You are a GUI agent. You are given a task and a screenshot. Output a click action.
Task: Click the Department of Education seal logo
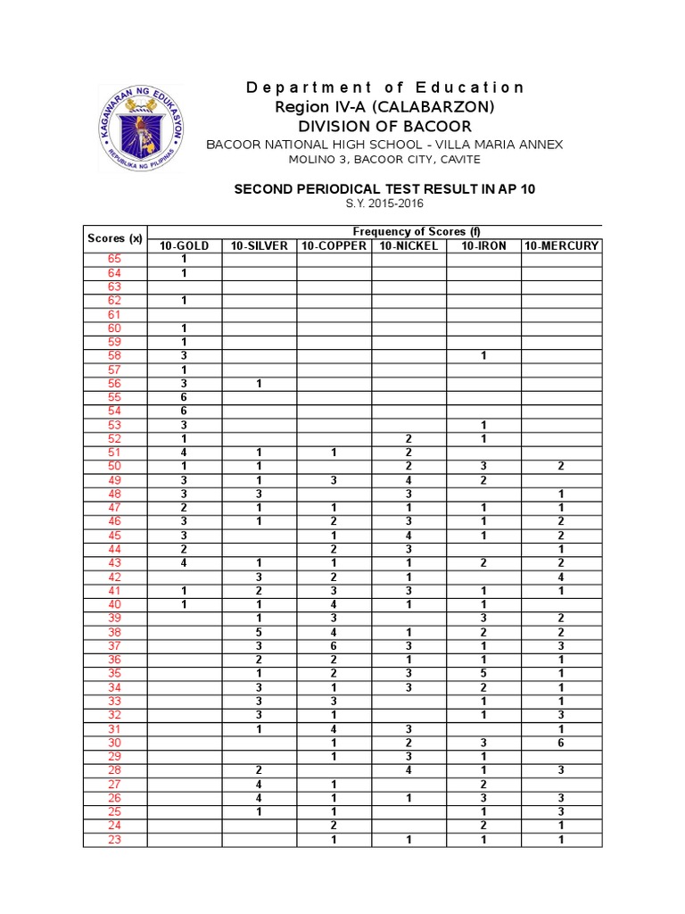[x=142, y=128]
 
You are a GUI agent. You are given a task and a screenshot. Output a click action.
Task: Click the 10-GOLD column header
[x=184, y=245]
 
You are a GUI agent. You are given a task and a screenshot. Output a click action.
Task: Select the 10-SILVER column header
[x=259, y=245]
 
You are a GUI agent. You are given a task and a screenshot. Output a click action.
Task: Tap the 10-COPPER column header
[x=334, y=245]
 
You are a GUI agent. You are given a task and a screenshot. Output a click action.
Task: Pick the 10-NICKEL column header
[x=409, y=245]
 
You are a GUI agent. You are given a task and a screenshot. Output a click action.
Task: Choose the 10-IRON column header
[x=483, y=245]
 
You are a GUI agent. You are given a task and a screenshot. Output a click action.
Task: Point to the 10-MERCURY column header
[x=561, y=245]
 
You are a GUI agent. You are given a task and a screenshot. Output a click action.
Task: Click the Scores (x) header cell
[x=114, y=238]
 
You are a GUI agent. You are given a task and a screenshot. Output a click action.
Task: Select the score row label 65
[x=114, y=259]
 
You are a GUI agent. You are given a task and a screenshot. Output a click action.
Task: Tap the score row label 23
[x=114, y=840]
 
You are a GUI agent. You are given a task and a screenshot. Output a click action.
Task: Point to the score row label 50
[x=114, y=466]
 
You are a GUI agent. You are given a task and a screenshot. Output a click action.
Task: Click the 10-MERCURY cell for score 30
[x=561, y=743]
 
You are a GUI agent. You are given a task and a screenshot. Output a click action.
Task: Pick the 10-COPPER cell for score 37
[x=334, y=646]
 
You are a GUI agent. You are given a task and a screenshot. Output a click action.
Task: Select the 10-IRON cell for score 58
[x=483, y=355]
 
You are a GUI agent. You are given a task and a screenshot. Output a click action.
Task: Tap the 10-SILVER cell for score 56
[x=259, y=383]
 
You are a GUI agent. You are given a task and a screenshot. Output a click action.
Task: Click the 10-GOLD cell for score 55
[x=184, y=397]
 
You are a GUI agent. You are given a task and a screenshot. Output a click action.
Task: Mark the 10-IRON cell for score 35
[x=483, y=674]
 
